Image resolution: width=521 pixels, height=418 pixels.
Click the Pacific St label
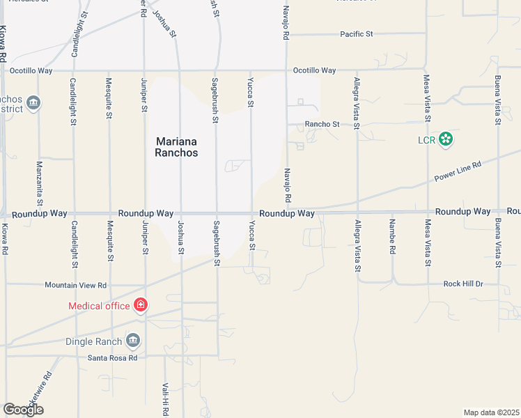pyautogui.click(x=357, y=33)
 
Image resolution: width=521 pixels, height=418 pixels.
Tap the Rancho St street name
pyautogui.click(x=322, y=125)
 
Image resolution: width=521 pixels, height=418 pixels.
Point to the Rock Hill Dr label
pyautogui.click(x=463, y=284)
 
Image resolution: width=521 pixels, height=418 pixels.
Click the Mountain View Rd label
pyautogui.click(x=75, y=285)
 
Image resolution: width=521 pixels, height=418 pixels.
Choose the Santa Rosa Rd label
pyautogui.click(x=112, y=357)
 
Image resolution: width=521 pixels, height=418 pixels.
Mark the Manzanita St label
pyautogui.click(x=40, y=178)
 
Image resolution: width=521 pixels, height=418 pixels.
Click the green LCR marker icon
pyautogui.click(x=446, y=139)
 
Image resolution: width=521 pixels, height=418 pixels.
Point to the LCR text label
pyautogui.click(x=426, y=140)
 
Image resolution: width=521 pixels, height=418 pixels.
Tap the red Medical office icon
pyautogui.click(x=141, y=305)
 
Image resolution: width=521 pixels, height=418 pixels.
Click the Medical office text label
pyautogui.click(x=99, y=306)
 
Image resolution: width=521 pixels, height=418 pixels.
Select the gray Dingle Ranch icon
pyautogui.click(x=133, y=341)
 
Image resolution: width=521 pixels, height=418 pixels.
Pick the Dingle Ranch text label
pyautogui.click(x=93, y=341)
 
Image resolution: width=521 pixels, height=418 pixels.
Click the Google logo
pyautogui.click(x=23, y=410)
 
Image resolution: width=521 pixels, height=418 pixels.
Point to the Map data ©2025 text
pyautogui.click(x=490, y=412)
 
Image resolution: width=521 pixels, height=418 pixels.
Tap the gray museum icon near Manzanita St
pyautogui.click(x=33, y=104)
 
